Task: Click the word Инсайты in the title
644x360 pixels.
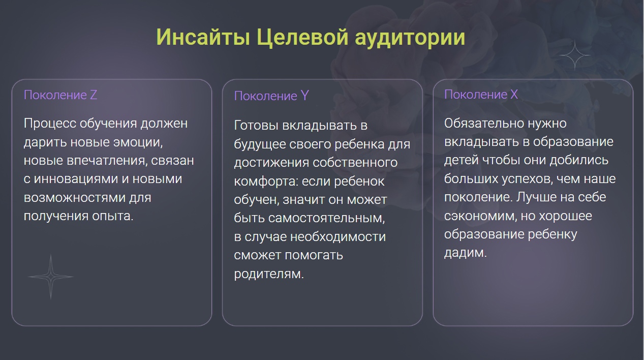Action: (x=203, y=38)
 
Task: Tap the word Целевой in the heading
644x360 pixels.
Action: (x=302, y=38)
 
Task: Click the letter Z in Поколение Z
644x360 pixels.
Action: (x=94, y=95)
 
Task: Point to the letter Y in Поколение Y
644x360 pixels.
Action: (x=305, y=96)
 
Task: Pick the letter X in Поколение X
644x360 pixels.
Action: (x=514, y=94)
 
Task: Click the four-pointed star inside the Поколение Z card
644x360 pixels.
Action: (x=51, y=277)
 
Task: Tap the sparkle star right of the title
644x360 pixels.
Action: (x=575, y=55)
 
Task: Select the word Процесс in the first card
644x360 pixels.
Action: (x=50, y=124)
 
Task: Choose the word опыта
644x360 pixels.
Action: (x=113, y=216)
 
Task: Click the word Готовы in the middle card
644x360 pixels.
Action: (x=256, y=126)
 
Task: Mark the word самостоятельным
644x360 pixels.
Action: (x=327, y=218)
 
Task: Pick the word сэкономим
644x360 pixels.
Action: (x=480, y=216)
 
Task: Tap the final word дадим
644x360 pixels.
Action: (x=466, y=253)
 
